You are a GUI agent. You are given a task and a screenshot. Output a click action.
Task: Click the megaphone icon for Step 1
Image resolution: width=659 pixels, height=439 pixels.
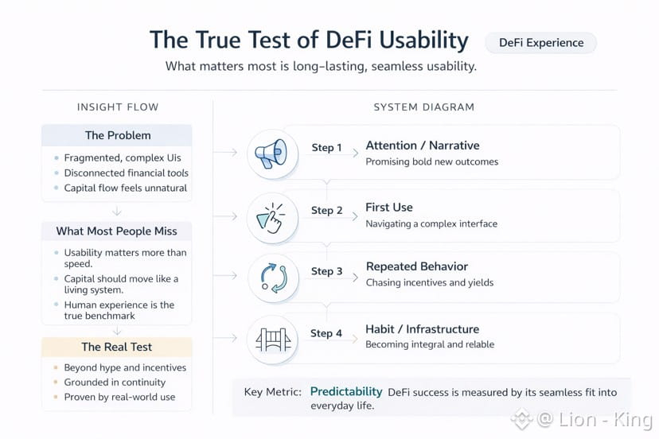coord(271,153)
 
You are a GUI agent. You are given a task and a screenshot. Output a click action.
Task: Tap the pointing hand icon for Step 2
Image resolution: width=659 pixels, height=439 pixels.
coord(271,218)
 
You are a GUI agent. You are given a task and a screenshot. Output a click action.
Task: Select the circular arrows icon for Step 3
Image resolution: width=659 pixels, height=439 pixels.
coord(273,278)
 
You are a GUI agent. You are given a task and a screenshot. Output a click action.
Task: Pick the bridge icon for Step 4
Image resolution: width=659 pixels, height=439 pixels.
coord(273,340)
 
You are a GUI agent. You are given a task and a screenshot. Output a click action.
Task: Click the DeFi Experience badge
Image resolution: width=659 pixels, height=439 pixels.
coord(541,43)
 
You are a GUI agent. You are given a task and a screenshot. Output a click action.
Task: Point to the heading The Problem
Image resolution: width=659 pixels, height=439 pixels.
coord(118,135)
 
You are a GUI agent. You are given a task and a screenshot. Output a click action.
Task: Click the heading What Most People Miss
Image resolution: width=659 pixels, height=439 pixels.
coord(116,231)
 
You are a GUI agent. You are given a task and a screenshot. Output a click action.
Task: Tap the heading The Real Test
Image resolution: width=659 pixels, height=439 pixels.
coord(116,347)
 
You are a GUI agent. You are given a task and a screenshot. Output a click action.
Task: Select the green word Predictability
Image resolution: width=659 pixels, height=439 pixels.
coord(346,391)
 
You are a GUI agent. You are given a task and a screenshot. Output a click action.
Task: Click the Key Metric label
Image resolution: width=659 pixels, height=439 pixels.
coord(273,392)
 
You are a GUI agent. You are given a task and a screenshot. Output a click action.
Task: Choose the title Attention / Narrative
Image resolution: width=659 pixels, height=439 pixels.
coord(423,146)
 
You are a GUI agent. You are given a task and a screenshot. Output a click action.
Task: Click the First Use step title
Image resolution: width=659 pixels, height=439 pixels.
coord(389,207)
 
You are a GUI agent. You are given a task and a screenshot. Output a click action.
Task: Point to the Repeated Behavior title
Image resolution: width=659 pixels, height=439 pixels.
coord(417,266)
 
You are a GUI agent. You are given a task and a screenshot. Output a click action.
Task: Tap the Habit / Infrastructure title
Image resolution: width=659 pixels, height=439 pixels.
coord(423,329)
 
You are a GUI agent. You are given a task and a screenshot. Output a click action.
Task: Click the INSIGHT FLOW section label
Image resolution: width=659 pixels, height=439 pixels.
coord(118,107)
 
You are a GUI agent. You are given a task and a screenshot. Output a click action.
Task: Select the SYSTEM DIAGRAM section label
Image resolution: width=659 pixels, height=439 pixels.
coord(424,107)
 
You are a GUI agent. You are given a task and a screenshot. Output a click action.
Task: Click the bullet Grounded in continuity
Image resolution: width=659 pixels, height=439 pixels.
coord(115,383)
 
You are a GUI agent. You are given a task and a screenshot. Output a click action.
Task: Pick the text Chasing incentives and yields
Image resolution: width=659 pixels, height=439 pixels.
coord(430,282)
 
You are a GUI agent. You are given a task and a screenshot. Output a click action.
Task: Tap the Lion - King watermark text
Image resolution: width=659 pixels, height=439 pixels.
coord(606,419)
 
